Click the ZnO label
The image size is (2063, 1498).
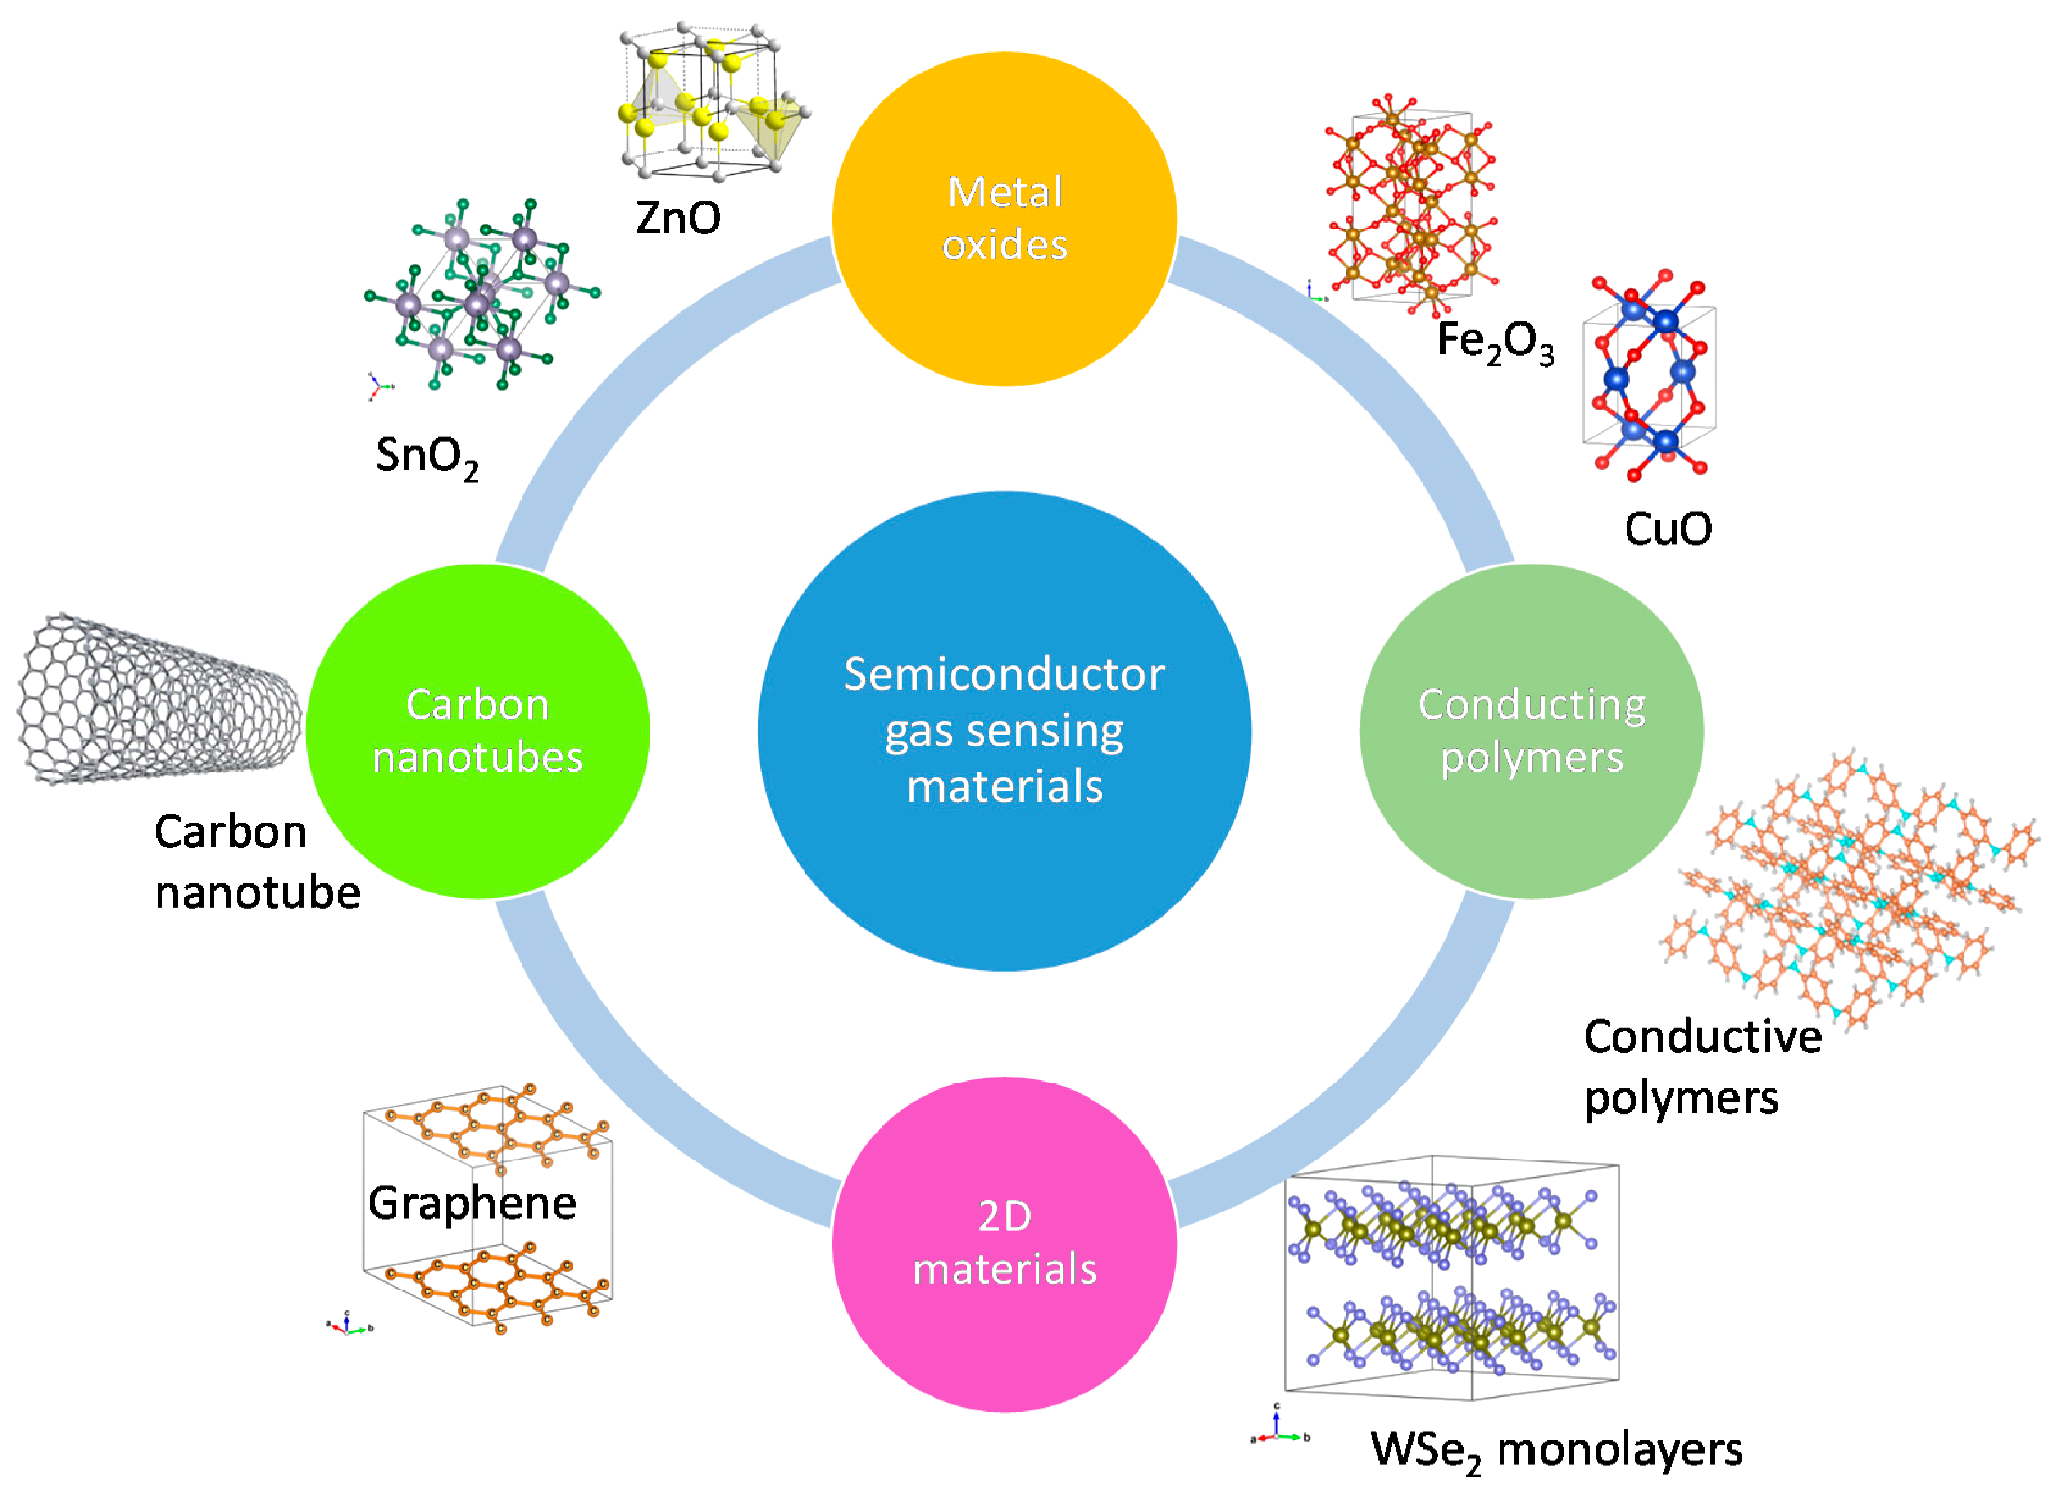coord(678,218)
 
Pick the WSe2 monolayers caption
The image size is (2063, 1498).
coord(1555,1450)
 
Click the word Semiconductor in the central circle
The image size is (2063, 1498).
coord(1004,675)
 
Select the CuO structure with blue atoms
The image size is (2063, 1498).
coord(1648,378)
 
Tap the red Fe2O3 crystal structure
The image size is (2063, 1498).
coord(1410,204)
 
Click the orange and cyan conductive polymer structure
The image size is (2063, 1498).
coord(1847,892)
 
